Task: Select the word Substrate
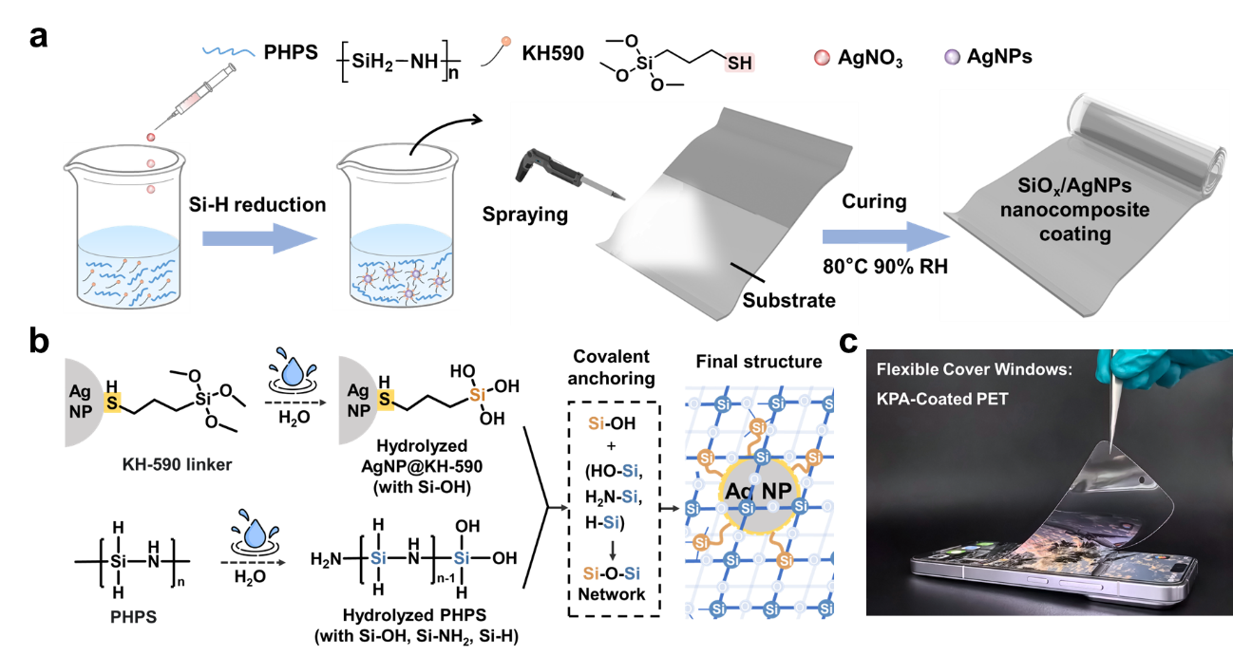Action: tap(788, 301)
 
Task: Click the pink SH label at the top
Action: tap(739, 63)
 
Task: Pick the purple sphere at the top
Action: tap(951, 57)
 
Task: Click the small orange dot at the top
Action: tap(506, 42)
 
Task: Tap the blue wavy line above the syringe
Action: tap(228, 51)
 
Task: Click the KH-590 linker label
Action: tap(177, 465)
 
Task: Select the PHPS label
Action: tap(133, 617)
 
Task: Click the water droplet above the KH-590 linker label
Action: tap(286, 365)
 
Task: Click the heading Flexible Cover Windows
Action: tap(974, 369)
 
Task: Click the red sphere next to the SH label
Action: tap(822, 58)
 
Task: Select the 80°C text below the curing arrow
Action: tap(840, 267)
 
